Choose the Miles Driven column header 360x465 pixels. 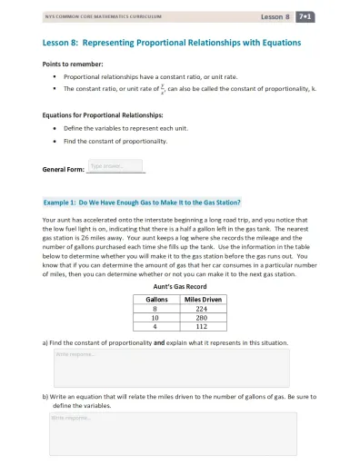[202, 299]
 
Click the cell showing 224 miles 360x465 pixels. [202, 309]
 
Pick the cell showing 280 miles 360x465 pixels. [202, 319]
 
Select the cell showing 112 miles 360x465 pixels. [202, 329]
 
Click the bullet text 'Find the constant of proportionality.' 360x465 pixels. [115, 142]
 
